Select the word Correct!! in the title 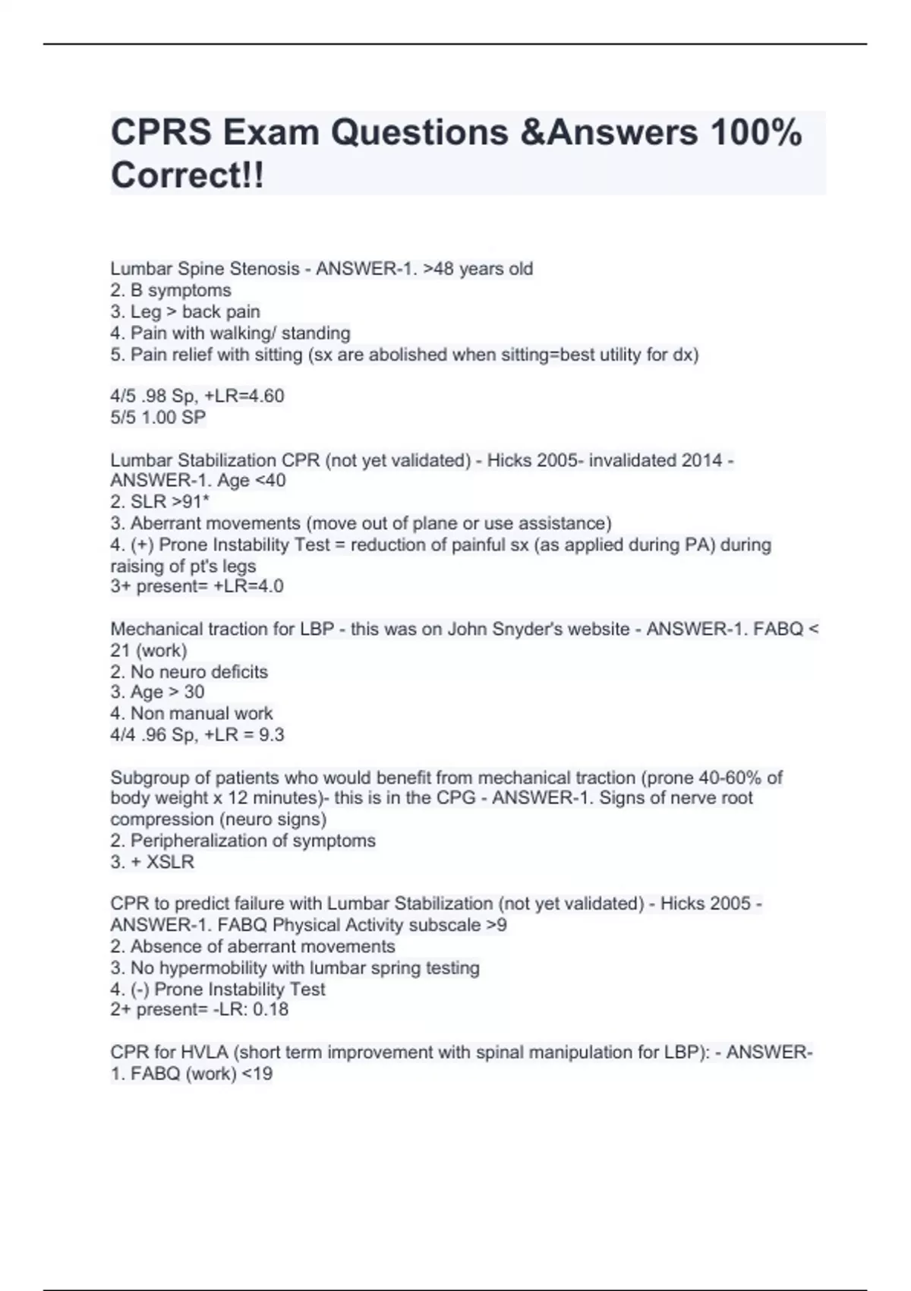(x=188, y=175)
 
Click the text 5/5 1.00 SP (x=158, y=417)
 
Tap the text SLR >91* (x=169, y=502)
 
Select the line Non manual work (x=201, y=713)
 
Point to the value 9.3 (x=272, y=734)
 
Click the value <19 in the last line (x=257, y=1074)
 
